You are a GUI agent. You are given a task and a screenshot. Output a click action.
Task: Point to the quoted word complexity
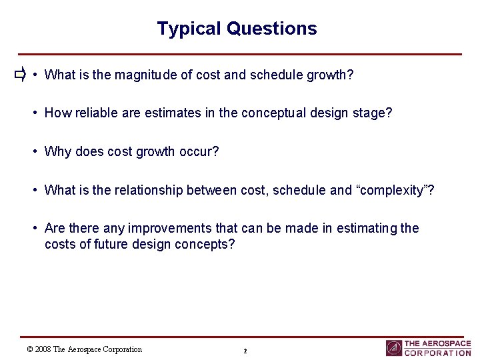(396, 190)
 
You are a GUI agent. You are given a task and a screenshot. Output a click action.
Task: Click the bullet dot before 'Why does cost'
(35, 151)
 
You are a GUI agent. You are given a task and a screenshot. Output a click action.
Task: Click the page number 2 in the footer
(245, 351)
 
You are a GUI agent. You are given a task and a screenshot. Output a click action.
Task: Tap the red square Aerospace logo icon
(394, 348)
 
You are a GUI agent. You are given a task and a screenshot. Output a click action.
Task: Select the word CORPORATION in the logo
(437, 353)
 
